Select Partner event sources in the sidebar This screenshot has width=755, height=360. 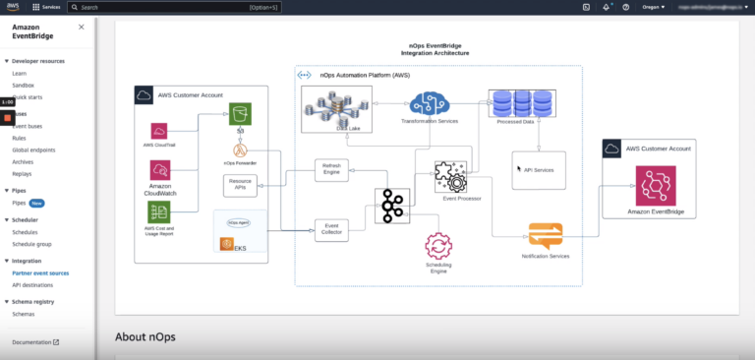[40, 272]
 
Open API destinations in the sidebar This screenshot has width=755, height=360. [31, 284]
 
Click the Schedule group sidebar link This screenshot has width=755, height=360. [32, 243]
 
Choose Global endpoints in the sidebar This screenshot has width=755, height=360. [33, 150]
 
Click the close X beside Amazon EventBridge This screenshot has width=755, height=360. [81, 27]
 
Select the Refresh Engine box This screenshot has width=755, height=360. [331, 169]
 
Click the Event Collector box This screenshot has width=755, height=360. [331, 230]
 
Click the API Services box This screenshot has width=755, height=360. [539, 170]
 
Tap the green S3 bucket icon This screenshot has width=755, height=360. [240, 114]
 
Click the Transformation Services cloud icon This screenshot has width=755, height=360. [430, 103]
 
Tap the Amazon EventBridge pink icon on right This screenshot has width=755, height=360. [655, 185]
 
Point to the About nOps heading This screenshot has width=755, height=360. [145, 336]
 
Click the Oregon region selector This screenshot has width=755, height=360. [650, 7]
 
